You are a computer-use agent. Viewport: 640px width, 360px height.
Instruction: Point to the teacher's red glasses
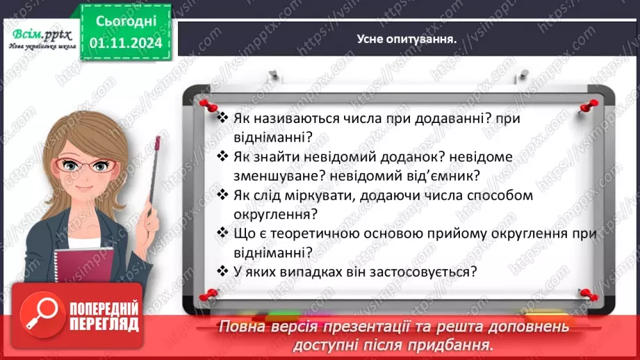coord(85,165)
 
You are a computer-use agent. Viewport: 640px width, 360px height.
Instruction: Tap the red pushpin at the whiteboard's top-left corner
coord(205,104)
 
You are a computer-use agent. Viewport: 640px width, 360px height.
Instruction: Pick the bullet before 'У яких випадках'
coord(222,271)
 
